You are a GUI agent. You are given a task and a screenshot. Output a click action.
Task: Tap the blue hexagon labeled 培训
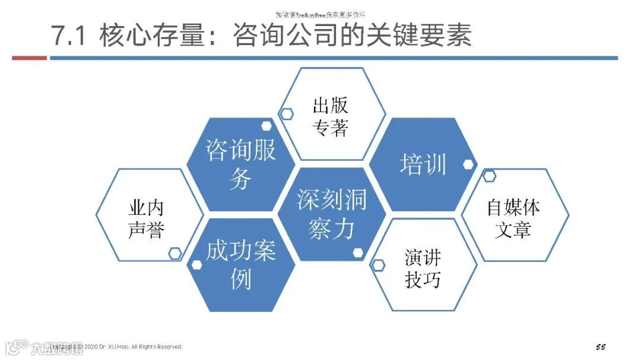(x=423, y=164)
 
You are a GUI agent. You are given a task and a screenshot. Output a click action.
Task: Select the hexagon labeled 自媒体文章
(x=513, y=218)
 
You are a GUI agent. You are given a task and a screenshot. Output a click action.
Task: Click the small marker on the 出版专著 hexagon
(x=287, y=114)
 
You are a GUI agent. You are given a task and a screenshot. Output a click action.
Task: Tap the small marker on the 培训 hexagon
(x=469, y=165)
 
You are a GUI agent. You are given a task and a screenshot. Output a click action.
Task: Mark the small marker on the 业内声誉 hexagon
(x=174, y=253)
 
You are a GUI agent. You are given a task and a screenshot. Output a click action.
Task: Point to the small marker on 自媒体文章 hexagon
(x=489, y=176)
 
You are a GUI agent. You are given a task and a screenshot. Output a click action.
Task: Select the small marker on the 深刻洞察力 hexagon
(x=358, y=253)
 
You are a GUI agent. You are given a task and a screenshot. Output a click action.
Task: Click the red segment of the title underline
(x=29, y=58)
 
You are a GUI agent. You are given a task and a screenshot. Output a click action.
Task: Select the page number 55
(x=601, y=346)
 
